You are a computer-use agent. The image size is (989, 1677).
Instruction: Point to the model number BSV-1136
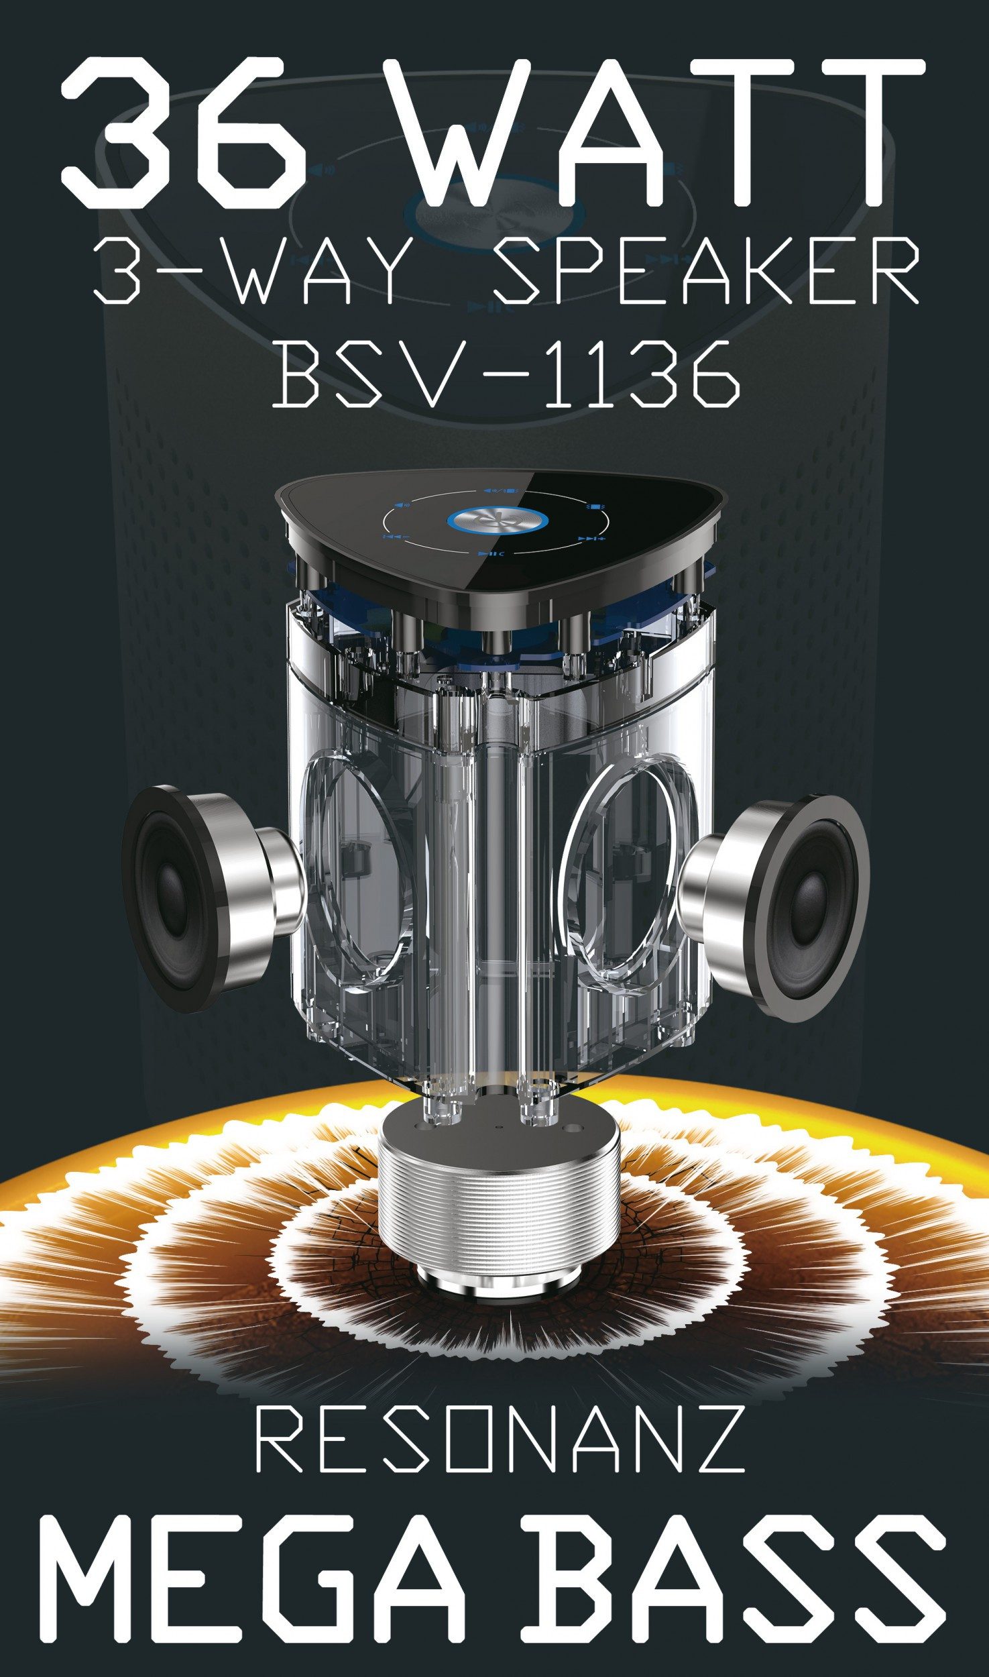(x=507, y=373)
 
